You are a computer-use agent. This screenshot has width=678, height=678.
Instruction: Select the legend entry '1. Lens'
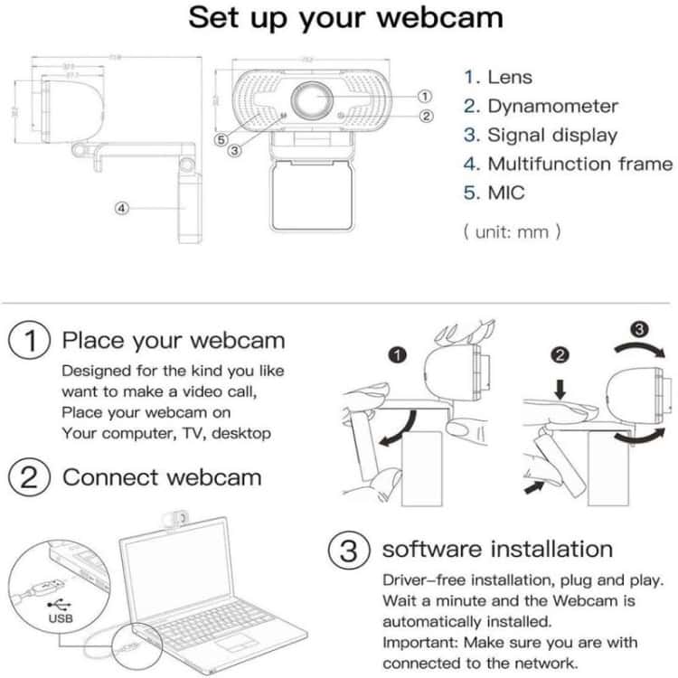498,78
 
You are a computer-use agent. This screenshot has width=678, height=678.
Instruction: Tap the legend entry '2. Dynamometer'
541,107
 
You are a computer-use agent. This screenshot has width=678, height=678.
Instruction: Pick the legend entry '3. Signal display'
540,136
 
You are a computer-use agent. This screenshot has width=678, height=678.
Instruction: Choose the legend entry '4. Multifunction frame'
568,164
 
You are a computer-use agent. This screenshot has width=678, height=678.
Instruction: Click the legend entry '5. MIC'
494,193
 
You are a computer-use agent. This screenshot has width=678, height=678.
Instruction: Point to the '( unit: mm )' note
512,231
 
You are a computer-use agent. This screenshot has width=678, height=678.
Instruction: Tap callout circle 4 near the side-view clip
123,208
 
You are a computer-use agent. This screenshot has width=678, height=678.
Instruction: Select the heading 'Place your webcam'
173,341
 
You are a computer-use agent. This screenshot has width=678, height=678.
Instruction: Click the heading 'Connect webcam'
162,477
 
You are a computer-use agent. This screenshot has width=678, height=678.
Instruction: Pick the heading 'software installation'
496,549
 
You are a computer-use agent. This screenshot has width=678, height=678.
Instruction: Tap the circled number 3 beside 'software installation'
348,550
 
